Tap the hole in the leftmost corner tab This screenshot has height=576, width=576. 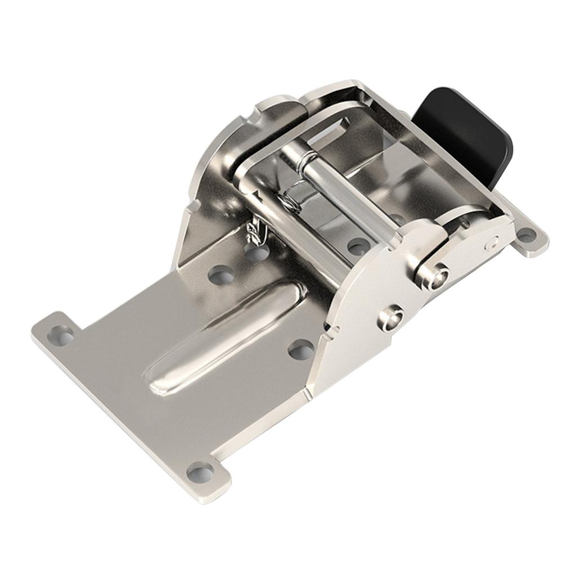tap(61, 335)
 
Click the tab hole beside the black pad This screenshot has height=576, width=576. tap(526, 235)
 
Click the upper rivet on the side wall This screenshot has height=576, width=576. tap(433, 276)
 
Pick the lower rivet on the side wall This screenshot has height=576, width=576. tap(390, 318)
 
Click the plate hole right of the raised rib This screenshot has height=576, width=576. tap(301, 350)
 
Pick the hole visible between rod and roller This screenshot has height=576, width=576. tap(358, 246)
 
